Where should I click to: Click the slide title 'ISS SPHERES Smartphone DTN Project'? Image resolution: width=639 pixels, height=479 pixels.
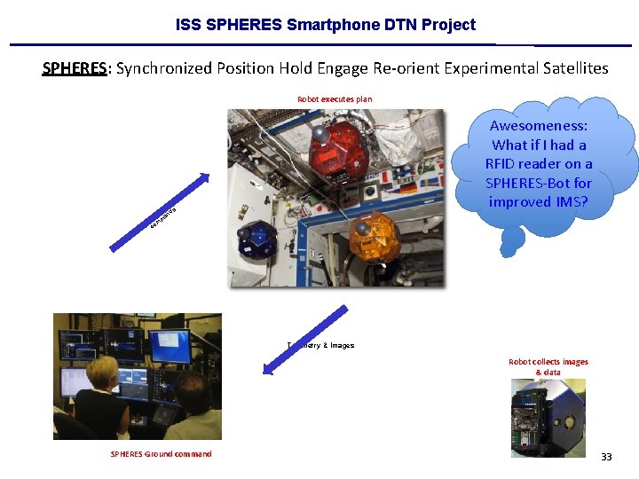[325, 25]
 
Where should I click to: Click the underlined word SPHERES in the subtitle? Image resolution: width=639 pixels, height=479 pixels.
[75, 68]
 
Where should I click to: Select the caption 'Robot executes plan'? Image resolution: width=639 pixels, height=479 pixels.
[335, 99]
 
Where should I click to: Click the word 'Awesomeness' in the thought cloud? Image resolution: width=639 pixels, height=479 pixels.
[539, 126]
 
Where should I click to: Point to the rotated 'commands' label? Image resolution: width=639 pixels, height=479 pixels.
[163, 216]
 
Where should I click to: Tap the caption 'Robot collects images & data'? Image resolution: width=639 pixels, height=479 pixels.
[548, 366]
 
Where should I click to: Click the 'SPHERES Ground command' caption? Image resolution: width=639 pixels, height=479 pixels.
[161, 454]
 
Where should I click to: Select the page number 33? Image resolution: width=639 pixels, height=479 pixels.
[606, 457]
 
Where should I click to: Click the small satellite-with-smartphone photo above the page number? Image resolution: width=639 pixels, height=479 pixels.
[548, 416]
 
